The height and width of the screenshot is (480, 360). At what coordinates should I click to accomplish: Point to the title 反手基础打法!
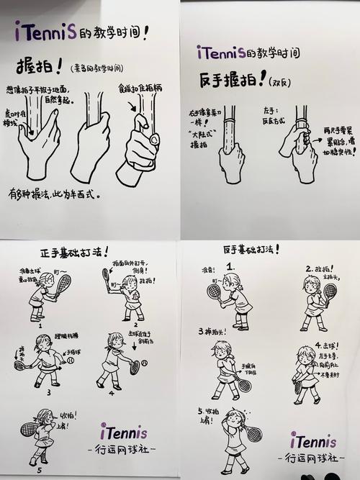click(251, 249)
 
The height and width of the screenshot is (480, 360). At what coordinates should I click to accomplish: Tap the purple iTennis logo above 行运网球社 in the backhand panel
click(314, 439)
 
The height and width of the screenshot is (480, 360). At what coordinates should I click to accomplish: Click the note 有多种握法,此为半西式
click(54, 194)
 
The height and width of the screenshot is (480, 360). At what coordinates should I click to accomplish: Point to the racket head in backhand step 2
click(330, 291)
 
